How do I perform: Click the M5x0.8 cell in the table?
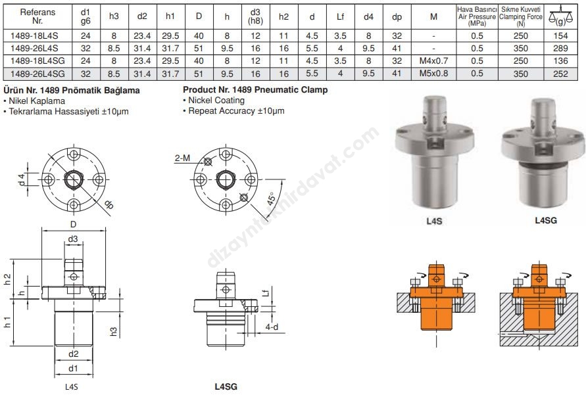click(433, 74)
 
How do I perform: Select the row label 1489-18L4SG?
click(37, 61)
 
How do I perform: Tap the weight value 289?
click(560, 49)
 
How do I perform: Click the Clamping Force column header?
click(521, 17)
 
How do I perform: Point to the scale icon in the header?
click(560, 16)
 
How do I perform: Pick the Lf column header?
click(340, 17)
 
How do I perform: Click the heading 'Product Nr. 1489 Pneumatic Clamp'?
click(255, 89)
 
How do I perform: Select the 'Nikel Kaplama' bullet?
click(34, 101)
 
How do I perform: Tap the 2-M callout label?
click(182, 158)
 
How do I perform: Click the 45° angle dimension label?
click(272, 198)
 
